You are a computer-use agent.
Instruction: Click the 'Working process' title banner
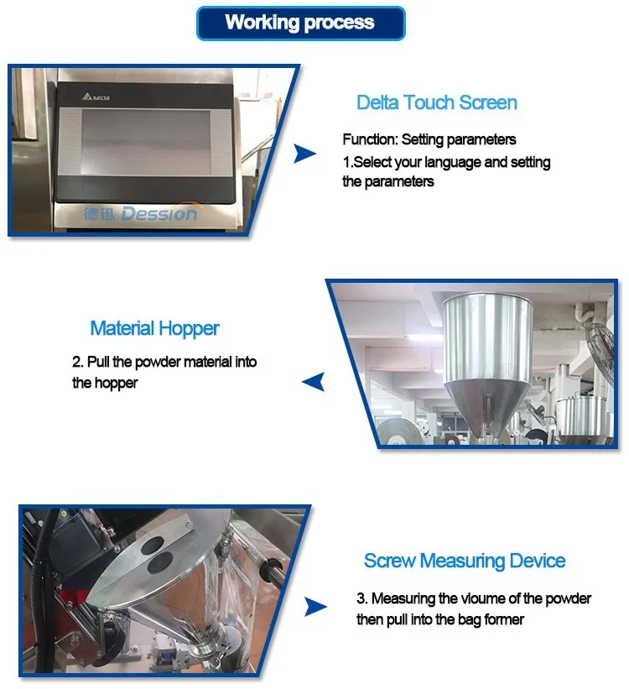pyautogui.click(x=300, y=23)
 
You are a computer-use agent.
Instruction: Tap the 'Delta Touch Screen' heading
pyautogui.click(x=436, y=102)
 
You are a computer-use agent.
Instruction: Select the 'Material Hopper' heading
pyautogui.click(x=156, y=328)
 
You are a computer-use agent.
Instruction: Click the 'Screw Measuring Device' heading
pyautogui.click(x=465, y=561)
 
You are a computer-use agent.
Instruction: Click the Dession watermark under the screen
pyautogui.click(x=141, y=214)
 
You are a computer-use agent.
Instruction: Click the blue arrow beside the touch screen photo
pyautogui.click(x=304, y=153)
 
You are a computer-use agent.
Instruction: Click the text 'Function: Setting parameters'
pyautogui.click(x=429, y=139)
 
